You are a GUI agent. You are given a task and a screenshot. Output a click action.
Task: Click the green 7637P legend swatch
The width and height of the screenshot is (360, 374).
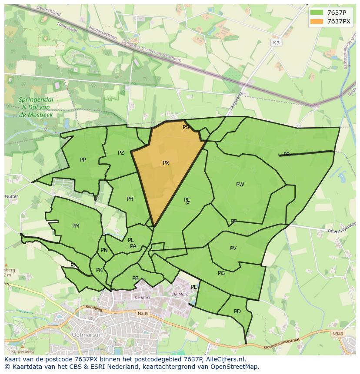(x=317, y=13)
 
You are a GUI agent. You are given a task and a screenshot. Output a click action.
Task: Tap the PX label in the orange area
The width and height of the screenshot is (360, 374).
(x=166, y=163)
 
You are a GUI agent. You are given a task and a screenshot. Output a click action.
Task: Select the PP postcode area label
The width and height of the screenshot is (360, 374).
(x=83, y=160)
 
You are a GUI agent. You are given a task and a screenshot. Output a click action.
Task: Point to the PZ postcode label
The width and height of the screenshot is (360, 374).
(x=121, y=153)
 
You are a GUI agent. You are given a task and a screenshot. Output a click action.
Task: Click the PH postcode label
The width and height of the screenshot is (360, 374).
(x=130, y=199)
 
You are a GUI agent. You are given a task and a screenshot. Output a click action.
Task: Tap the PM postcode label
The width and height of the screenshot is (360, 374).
(x=76, y=226)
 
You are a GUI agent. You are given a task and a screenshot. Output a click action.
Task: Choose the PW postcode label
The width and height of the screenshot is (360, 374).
(x=240, y=185)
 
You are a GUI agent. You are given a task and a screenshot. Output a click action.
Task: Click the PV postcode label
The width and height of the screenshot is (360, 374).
(x=233, y=248)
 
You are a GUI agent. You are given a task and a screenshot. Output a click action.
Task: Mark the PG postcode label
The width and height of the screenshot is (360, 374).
(x=221, y=273)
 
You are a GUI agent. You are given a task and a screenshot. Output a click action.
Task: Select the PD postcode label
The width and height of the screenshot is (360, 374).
(x=237, y=311)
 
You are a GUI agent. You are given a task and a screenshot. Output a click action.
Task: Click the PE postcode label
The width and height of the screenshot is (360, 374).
(x=194, y=287)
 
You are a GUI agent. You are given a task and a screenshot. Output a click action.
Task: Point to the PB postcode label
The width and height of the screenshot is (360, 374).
(x=135, y=278)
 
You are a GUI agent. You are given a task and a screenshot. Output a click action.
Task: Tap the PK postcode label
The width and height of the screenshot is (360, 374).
(x=99, y=270)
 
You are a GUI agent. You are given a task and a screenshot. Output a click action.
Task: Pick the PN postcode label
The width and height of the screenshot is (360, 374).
(x=104, y=250)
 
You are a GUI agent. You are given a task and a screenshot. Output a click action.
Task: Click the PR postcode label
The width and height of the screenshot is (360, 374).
(x=287, y=155)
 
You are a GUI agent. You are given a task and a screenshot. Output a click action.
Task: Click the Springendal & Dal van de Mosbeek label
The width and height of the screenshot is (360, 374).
(x=36, y=107)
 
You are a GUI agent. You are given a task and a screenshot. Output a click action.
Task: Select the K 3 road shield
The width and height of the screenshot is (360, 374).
(x=276, y=43)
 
